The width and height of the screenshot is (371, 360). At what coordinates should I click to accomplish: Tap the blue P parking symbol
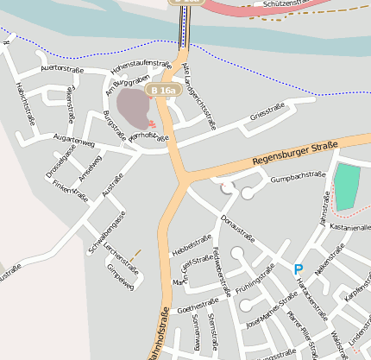tap(299, 269)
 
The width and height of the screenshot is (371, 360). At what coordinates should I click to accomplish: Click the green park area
tap(347, 186)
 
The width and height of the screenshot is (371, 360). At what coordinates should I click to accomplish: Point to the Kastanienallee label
tap(350, 227)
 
